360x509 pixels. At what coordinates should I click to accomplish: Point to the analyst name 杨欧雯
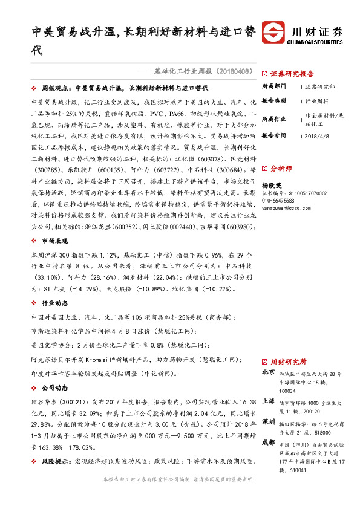(273, 186)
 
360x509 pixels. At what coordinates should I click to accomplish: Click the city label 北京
(269, 374)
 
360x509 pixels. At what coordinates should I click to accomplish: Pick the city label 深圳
(269, 421)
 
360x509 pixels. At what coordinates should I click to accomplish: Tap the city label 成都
(269, 443)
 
